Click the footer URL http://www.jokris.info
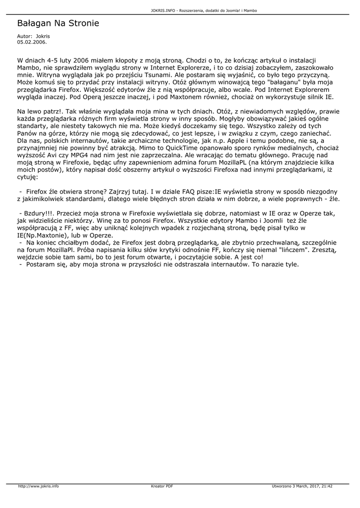coord(38,486)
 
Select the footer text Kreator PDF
coord(161,486)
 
